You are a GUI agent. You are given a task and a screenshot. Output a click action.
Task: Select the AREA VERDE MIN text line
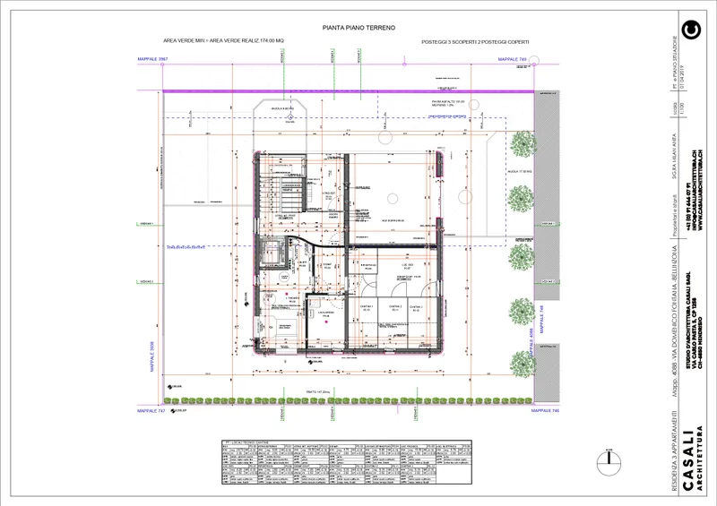223,41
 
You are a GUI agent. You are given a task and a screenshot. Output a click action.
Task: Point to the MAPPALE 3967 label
153,59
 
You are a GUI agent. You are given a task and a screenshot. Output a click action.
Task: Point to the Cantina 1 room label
367,307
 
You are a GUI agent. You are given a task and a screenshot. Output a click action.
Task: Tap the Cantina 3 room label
416,307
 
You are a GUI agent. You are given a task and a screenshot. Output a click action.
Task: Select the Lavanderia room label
328,315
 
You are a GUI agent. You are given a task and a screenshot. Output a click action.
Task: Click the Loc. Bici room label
407,267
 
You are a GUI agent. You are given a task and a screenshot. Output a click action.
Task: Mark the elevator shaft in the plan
270,254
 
